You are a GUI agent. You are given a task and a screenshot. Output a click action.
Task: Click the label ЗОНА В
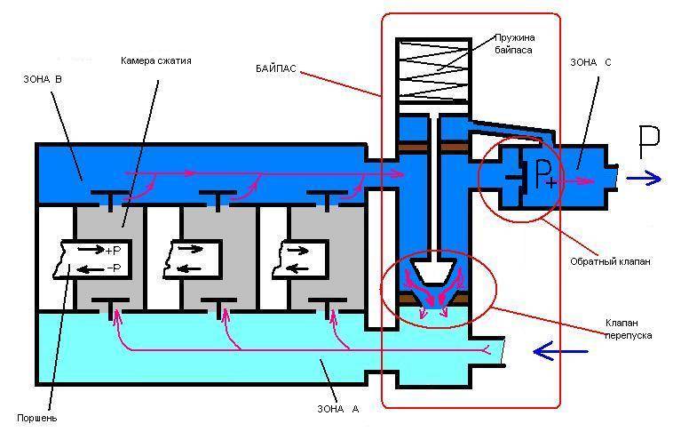click(43, 79)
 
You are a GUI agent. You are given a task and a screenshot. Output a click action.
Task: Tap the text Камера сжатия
click(156, 60)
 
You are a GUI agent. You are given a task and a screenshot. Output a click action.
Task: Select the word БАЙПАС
click(276, 68)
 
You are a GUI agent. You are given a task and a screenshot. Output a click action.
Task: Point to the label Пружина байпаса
click(514, 44)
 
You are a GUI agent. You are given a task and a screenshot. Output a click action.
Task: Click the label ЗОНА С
click(590, 62)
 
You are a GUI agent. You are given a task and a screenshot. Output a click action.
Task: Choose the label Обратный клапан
click(610, 261)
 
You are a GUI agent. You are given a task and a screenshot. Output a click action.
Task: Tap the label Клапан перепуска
click(628, 329)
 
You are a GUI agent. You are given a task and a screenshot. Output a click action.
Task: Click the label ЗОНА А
click(338, 409)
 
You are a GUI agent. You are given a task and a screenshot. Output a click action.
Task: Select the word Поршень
click(37, 418)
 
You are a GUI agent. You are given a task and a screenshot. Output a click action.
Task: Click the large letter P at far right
click(649, 142)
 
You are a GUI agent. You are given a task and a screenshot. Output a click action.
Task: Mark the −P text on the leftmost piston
click(114, 268)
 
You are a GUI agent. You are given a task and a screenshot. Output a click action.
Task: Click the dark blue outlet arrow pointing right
click(644, 179)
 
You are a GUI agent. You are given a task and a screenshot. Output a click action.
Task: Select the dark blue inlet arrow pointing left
click(560, 351)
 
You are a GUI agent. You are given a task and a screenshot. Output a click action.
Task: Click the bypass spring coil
click(433, 69)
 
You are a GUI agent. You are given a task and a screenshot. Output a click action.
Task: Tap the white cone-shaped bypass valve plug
click(434, 271)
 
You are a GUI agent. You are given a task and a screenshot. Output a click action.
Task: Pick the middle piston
click(193, 260)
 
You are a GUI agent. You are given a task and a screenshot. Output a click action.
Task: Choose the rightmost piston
click(300, 260)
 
